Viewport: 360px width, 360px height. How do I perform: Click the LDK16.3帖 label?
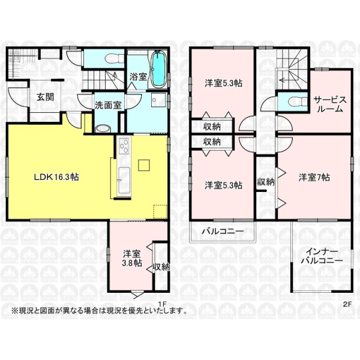click(56, 177)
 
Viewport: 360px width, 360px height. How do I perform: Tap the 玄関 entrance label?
click(46, 97)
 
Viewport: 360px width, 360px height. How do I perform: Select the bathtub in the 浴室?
click(158, 70)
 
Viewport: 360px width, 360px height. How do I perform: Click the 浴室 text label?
click(138, 77)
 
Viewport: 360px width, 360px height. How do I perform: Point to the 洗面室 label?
click(108, 105)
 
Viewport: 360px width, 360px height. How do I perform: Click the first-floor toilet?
click(112, 58)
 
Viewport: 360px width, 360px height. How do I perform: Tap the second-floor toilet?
click(298, 101)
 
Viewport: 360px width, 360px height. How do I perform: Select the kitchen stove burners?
click(124, 146)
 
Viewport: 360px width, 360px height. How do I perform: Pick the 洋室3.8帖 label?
click(132, 258)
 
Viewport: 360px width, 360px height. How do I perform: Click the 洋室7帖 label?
click(314, 177)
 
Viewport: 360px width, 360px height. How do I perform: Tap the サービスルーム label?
click(330, 104)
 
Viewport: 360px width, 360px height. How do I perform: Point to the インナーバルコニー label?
click(322, 256)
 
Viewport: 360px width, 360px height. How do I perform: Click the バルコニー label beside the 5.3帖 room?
click(223, 231)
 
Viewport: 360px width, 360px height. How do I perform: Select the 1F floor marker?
click(161, 304)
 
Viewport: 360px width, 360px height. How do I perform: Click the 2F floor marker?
click(347, 304)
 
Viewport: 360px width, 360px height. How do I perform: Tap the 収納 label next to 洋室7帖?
click(266, 182)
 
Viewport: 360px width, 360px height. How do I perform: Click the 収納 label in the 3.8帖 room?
click(161, 267)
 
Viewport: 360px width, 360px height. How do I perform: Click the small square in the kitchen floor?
click(144, 165)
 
